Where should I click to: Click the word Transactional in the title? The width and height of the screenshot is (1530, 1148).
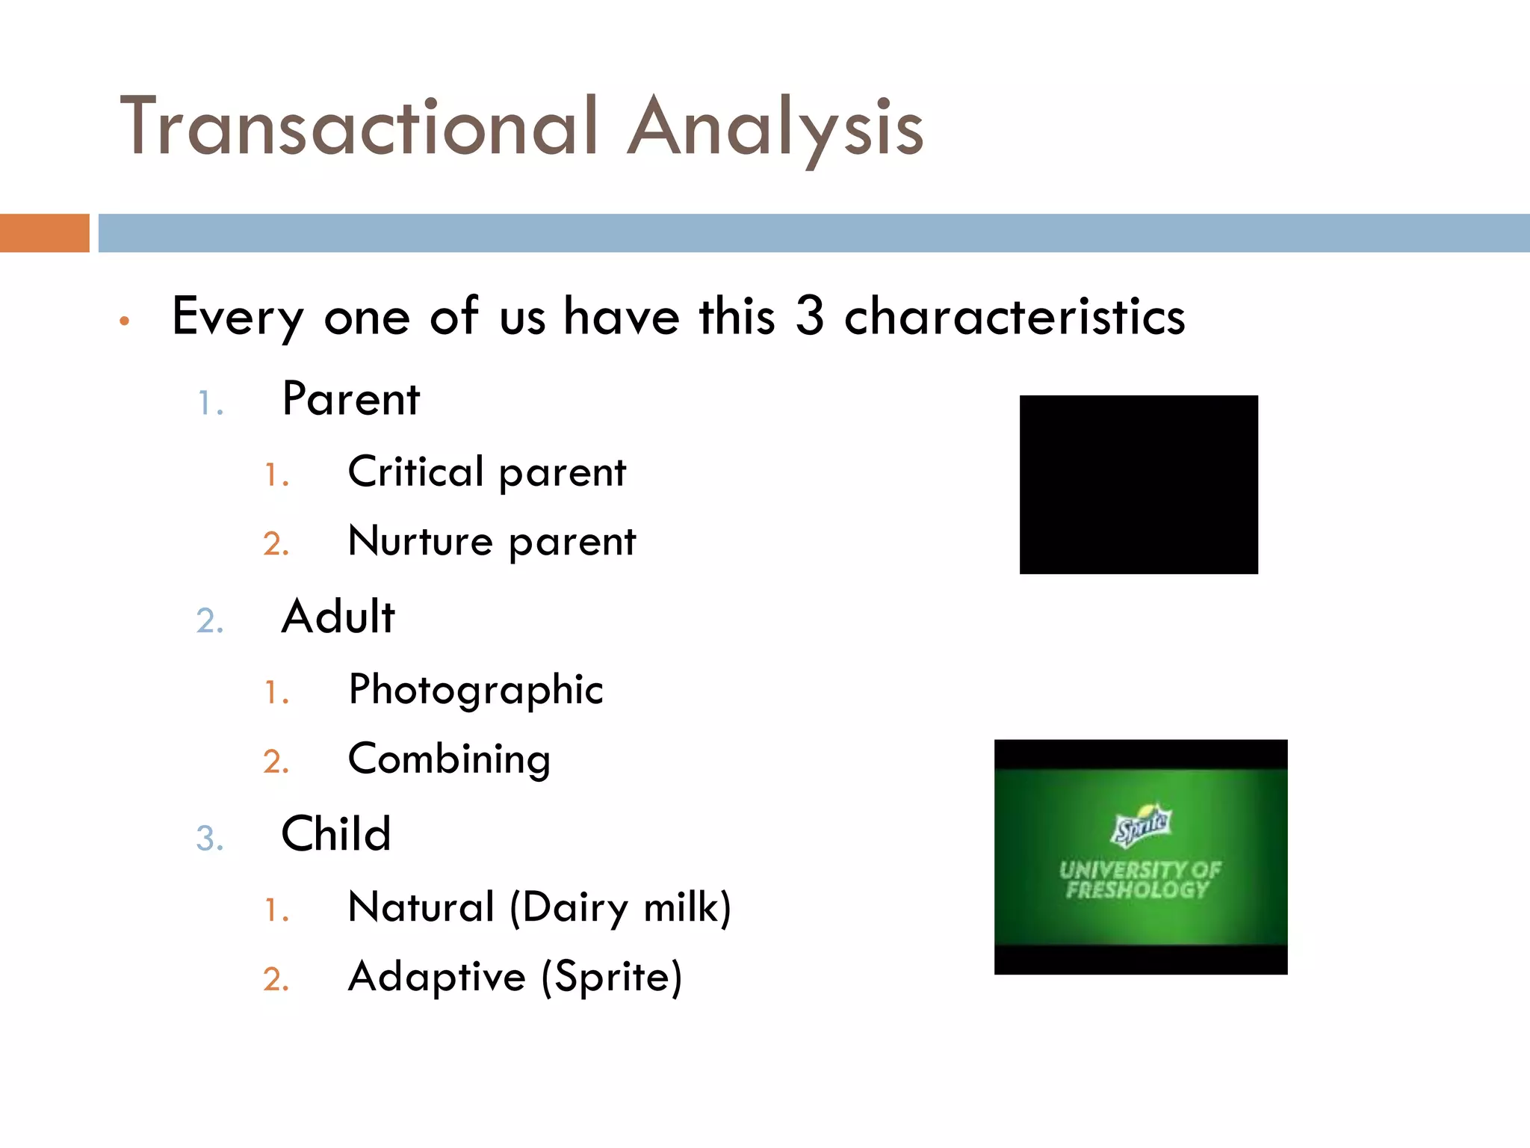point(359,127)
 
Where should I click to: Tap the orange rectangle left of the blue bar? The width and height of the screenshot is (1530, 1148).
point(44,233)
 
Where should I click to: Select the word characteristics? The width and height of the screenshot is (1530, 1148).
point(1014,317)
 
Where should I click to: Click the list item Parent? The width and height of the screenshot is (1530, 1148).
point(350,399)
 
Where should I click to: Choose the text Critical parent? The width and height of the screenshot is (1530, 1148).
point(486,472)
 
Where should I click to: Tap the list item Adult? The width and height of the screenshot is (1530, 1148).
point(338,617)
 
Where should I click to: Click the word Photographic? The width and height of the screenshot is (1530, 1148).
point(475,689)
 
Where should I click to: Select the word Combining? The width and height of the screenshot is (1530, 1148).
point(449,759)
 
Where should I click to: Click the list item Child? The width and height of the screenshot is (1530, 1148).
point(335,834)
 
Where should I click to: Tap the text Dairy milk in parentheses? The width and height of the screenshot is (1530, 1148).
point(620,908)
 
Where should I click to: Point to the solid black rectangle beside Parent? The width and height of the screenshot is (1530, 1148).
point(1138,484)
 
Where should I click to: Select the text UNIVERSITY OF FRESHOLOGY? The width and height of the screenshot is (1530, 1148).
point(1139,880)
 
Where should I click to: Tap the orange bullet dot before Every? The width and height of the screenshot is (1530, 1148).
point(125,321)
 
